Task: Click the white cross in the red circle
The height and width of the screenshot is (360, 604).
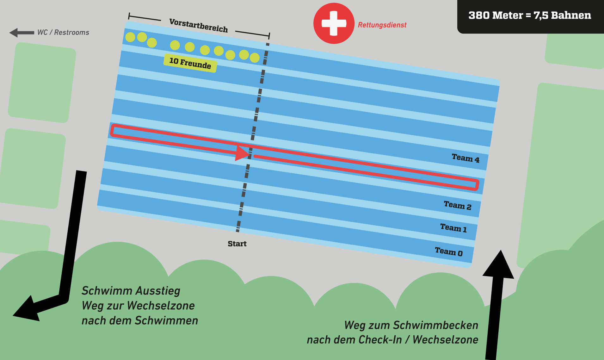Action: coord(334,23)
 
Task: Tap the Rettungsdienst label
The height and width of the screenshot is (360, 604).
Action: coord(382,25)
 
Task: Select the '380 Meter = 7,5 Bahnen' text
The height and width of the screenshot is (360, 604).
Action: coord(530,15)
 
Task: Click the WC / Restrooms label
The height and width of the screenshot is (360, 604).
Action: coord(63,32)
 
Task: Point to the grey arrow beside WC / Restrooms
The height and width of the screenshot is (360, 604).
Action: coord(22,32)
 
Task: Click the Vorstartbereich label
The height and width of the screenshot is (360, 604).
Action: coord(198,25)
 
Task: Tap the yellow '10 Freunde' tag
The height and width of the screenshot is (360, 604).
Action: coord(190,63)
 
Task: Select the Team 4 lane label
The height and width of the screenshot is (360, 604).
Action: coord(465,158)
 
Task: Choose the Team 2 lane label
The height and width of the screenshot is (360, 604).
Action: coord(458,205)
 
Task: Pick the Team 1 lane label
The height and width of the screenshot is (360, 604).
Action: coord(453,228)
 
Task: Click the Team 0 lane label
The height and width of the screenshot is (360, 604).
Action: coord(449,251)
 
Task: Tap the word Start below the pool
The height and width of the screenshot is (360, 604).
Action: coord(237,244)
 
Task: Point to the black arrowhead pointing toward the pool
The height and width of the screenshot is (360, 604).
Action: coord(499,266)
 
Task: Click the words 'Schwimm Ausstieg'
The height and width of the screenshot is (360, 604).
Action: coord(131,290)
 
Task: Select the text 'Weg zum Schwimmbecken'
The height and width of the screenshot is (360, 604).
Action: coord(411,325)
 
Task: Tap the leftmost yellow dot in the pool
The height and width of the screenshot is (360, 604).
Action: coord(130,37)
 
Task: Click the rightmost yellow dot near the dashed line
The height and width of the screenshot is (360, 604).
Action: coord(255,58)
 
